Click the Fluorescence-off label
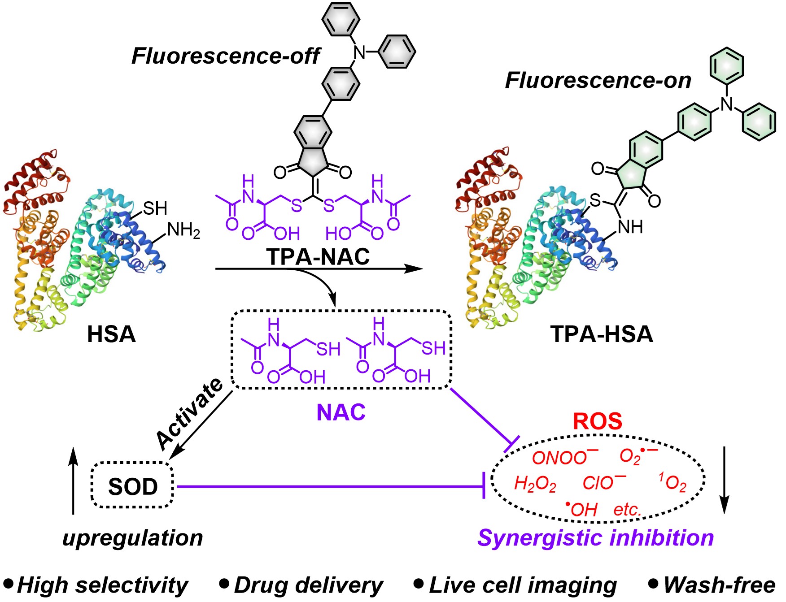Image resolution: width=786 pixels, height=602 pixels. coord(225,56)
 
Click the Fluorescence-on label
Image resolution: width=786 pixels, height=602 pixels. coord(598,80)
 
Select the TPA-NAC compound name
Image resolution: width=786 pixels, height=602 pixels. coord(318,256)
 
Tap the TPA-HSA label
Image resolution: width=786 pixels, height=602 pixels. coord(602,334)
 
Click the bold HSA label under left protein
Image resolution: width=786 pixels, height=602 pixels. coord(111,334)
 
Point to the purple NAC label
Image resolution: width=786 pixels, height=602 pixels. coord(341,412)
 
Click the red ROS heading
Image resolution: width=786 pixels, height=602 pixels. coord(598,421)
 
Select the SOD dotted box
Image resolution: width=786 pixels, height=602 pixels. coord(133,486)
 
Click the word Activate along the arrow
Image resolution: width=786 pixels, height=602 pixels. coord(190,413)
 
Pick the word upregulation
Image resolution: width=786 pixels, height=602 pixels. coord(133,537)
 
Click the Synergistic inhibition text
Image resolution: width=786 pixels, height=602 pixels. coord(595,537)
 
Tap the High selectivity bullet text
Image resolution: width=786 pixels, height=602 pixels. coord(102,585)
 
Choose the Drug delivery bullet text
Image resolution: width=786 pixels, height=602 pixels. coord(308,585)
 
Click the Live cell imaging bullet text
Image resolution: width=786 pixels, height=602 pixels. coord(523,585)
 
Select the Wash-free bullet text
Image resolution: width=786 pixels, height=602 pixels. coord(719,585)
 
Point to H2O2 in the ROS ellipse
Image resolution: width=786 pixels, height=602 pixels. coord(535,484)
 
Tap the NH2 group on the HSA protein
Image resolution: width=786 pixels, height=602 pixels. coord(183,230)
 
